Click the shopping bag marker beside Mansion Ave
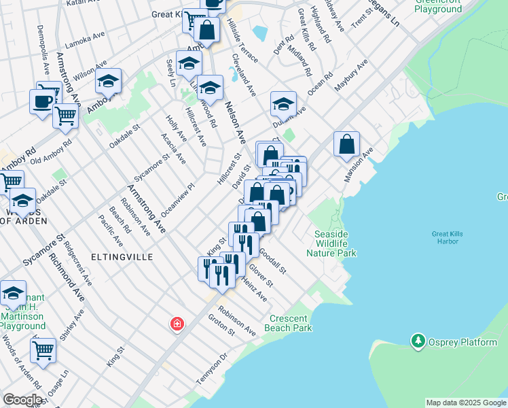(x=346, y=144)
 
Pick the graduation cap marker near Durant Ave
(x=283, y=104)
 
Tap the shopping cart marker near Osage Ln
(x=43, y=350)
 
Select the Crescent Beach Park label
(x=291, y=323)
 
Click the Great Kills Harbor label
(x=448, y=238)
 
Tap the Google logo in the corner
(x=22, y=400)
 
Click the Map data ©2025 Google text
(x=466, y=403)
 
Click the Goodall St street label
(x=273, y=261)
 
